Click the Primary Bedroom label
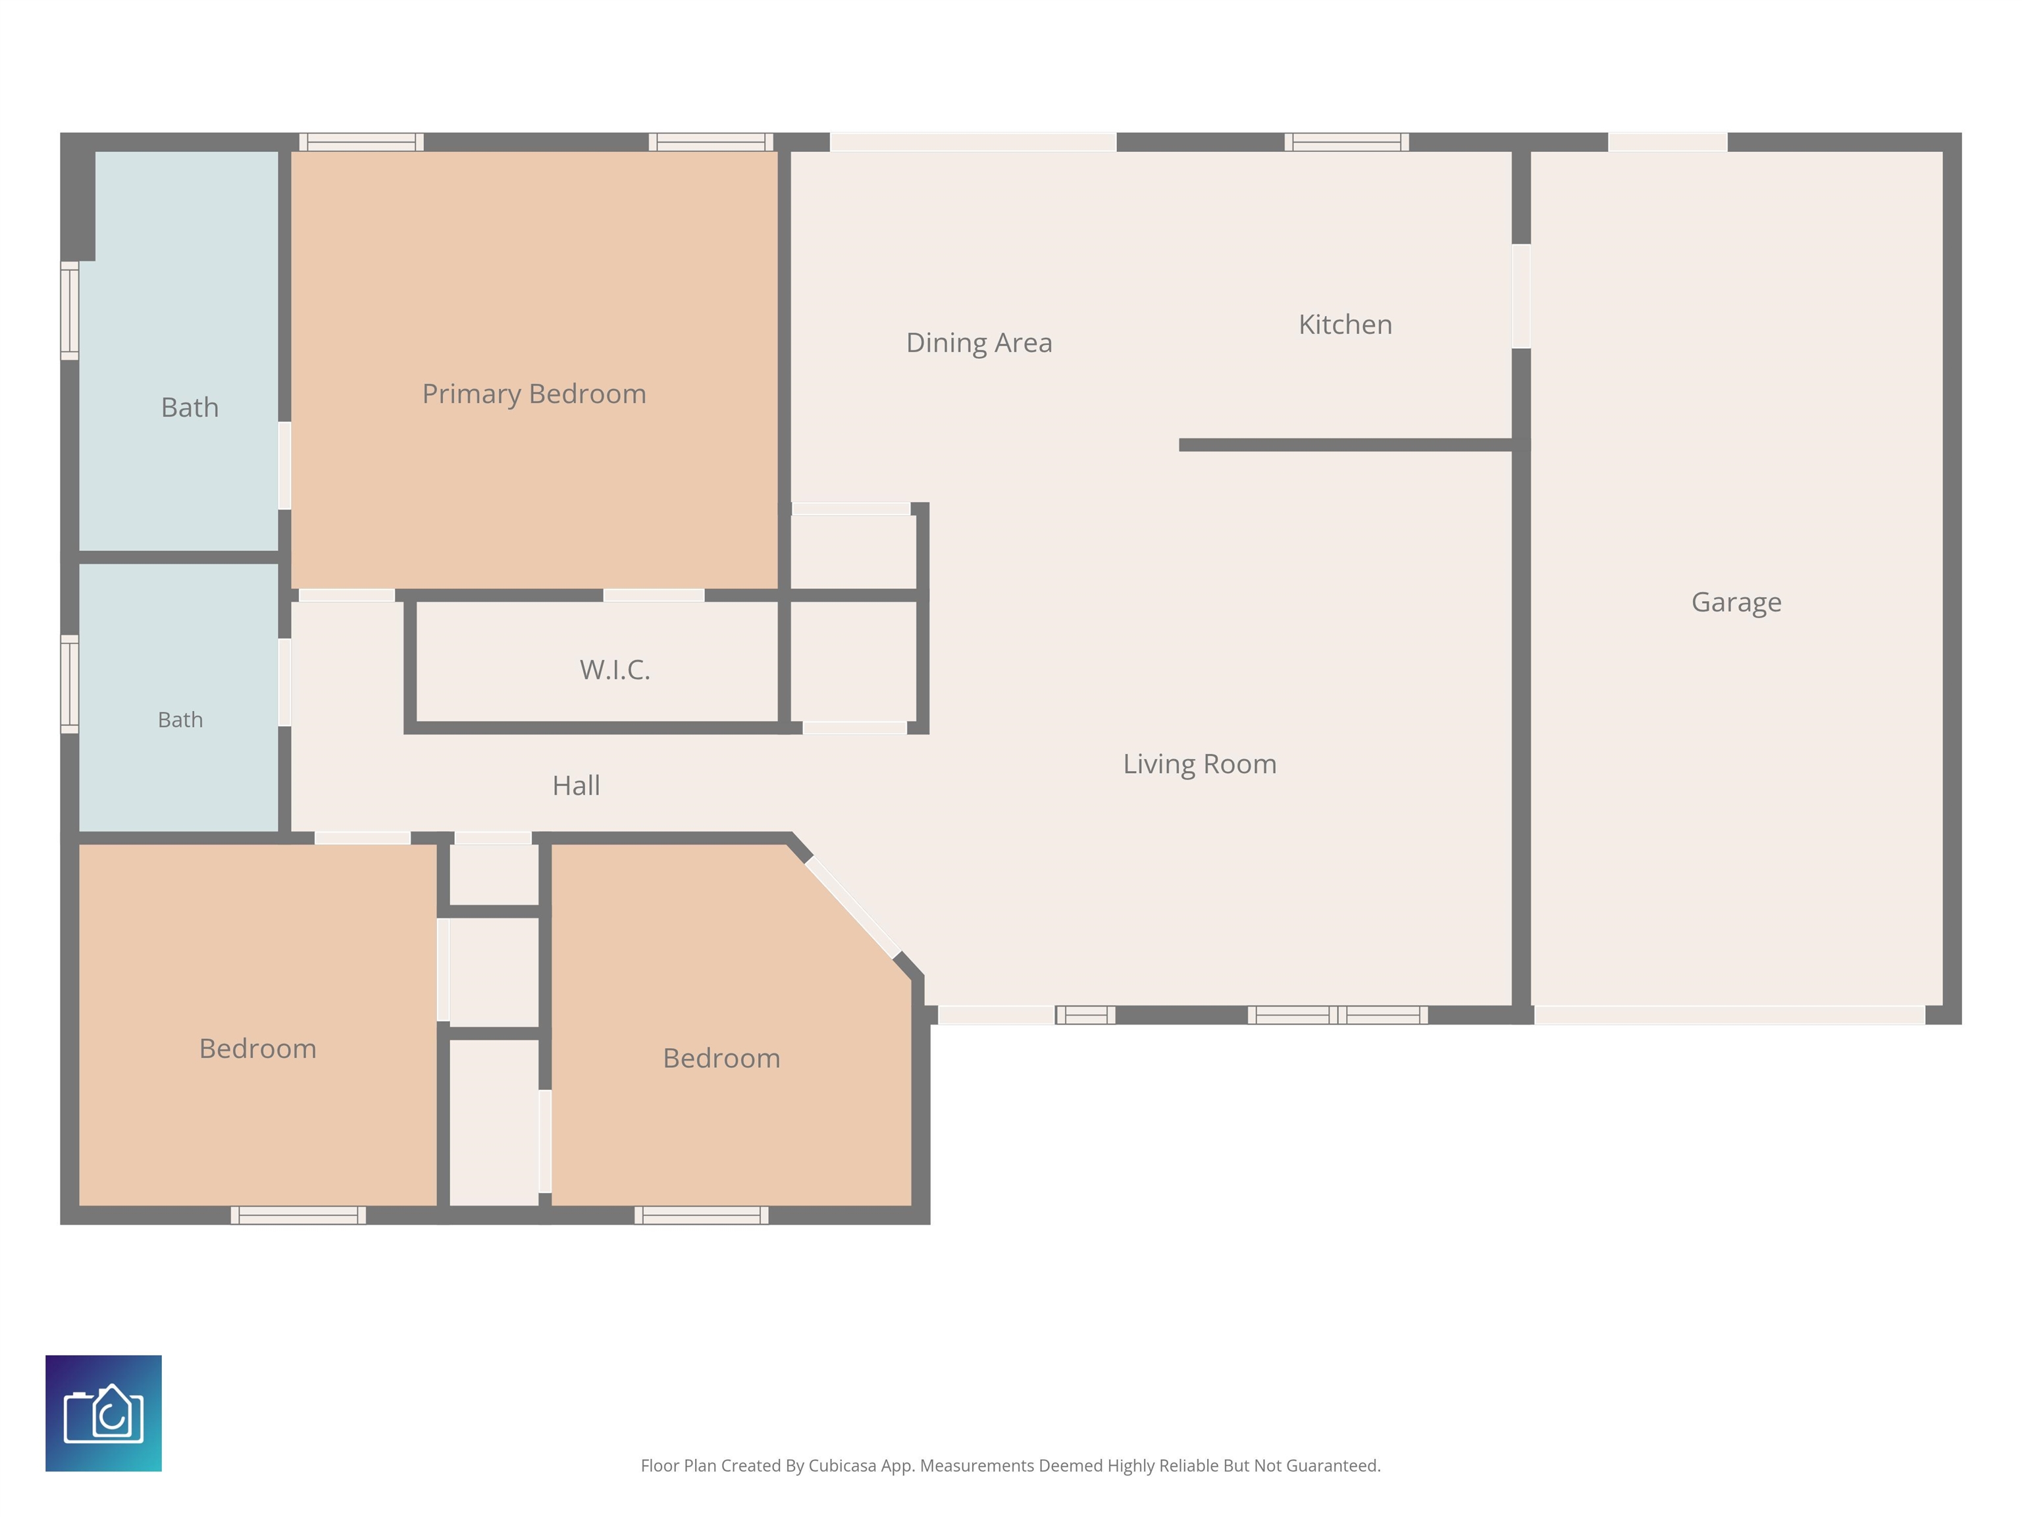tap(534, 394)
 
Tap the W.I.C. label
tap(614, 670)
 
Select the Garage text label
tap(1736, 602)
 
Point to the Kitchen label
tap(1345, 324)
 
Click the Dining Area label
tap(979, 343)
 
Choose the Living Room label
tap(1199, 764)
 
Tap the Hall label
tap(576, 785)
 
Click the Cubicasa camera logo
tap(103, 1413)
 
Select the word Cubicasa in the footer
tap(842, 1466)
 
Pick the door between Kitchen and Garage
tap(1521, 296)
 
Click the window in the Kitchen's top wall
tap(1347, 142)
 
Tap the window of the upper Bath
tap(70, 311)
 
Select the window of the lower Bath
tap(70, 684)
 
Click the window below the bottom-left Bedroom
tap(298, 1215)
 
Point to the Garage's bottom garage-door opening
tap(1730, 1015)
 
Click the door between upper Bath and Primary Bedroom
tap(284, 466)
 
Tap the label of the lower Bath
tap(180, 720)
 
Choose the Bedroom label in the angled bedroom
tap(721, 1058)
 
